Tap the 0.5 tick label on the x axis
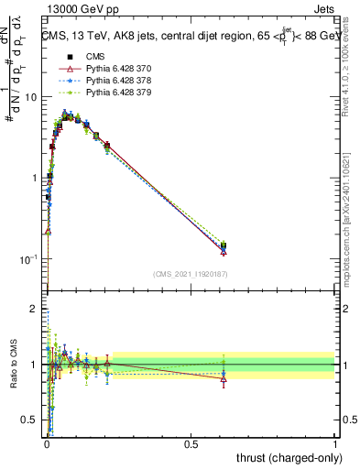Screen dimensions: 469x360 191,444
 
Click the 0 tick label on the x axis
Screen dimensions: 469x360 47,444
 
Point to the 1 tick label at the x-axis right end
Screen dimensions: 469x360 335,444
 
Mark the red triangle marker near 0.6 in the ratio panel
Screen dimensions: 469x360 224,378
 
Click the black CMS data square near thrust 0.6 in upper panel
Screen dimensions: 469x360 224,245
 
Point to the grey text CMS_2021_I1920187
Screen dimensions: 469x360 190,274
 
